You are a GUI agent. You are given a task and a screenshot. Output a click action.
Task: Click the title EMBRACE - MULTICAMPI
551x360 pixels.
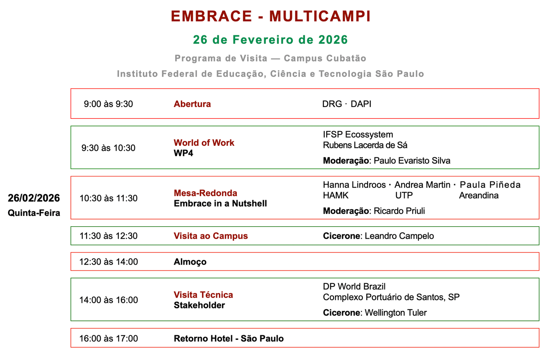pos(270,16)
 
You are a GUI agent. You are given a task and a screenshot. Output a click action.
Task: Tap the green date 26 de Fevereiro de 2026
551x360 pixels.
pos(270,40)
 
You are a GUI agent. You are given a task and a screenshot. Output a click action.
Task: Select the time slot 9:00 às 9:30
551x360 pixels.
pos(108,104)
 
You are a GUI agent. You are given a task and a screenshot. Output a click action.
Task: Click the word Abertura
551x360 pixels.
pos(192,104)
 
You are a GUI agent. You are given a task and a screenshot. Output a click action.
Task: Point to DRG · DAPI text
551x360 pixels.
pos(347,104)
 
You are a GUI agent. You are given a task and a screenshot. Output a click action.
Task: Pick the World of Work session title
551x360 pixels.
pos(204,143)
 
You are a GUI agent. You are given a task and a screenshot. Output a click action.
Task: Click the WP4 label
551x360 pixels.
pos(183,153)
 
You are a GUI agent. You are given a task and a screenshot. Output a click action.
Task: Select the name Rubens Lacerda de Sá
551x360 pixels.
pos(365,145)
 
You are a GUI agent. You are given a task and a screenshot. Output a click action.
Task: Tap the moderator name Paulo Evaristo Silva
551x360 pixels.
pos(412,161)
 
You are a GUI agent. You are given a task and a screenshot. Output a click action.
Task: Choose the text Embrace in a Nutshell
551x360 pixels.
pos(220,203)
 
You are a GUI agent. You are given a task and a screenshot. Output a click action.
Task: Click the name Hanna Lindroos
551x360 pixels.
pos(354,185)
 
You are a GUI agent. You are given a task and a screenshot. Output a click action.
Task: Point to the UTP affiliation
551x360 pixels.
pos(404,196)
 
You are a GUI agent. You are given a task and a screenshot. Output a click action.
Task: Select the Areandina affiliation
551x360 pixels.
pos(479,196)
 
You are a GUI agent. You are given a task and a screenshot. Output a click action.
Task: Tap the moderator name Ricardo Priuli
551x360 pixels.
pos(399,211)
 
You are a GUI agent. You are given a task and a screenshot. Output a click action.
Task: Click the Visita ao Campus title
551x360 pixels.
pos(210,236)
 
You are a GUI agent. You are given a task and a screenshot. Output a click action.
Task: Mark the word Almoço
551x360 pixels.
pos(190,262)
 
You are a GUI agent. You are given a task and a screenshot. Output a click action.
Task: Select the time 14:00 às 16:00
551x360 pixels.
pos(108,300)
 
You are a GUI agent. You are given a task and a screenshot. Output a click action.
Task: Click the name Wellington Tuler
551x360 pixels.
pos(396,313)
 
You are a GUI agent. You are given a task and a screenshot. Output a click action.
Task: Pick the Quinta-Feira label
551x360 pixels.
pos(34,213)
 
